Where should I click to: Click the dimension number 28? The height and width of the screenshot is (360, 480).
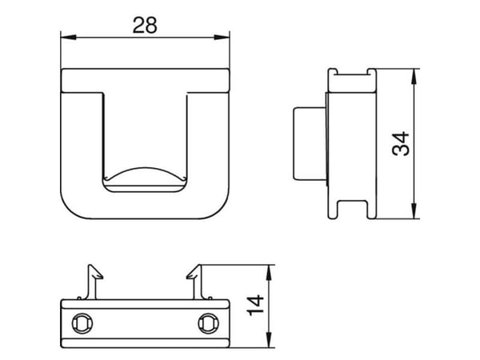145,26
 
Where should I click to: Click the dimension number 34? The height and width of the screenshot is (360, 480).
401,143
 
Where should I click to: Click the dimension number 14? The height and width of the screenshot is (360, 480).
255,306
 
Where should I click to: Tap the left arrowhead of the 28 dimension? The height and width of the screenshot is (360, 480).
68,38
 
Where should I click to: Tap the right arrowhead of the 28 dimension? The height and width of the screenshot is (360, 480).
222,38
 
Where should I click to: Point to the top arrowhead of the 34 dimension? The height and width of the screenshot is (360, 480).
414,76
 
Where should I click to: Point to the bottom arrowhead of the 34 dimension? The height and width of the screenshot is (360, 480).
414,211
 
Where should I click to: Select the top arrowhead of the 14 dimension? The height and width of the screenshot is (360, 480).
269,273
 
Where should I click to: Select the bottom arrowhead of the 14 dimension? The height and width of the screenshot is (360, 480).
269,340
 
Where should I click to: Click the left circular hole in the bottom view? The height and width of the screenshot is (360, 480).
82,323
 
